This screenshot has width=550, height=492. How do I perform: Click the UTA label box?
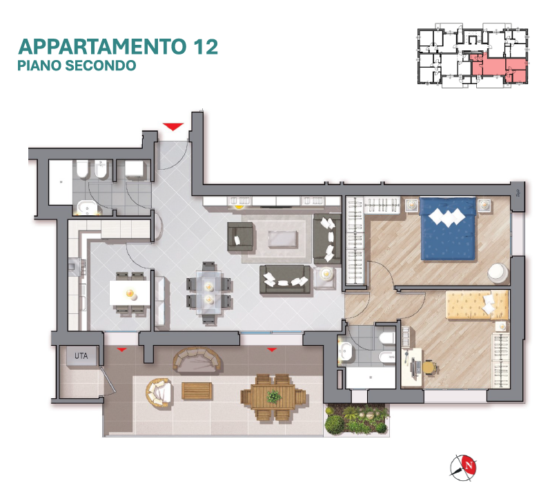pos(81,356)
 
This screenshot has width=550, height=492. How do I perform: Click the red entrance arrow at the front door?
pos(173,126)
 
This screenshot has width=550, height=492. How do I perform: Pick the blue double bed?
pos(448,228)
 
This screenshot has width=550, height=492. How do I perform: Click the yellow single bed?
pos(477,305)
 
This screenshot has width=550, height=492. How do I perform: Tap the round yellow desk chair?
pos(430,368)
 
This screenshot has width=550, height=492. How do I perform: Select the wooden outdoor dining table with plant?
pos(273,397)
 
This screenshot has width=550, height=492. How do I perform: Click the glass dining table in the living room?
pos(209,293)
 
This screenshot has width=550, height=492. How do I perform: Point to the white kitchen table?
pos(130,293)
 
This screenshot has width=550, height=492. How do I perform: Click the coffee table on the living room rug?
pos(282,239)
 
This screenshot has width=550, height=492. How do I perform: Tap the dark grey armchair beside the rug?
pos(240,237)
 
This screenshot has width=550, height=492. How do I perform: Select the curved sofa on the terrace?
pos(197,360)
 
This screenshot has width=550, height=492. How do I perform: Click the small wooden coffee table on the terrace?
pos(197,391)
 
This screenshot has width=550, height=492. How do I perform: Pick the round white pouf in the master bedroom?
pos(498,273)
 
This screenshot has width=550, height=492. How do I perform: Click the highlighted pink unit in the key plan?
pos(498,68)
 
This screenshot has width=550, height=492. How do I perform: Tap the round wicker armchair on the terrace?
pos(159,392)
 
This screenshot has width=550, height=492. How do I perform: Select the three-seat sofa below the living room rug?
pos(285,279)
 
